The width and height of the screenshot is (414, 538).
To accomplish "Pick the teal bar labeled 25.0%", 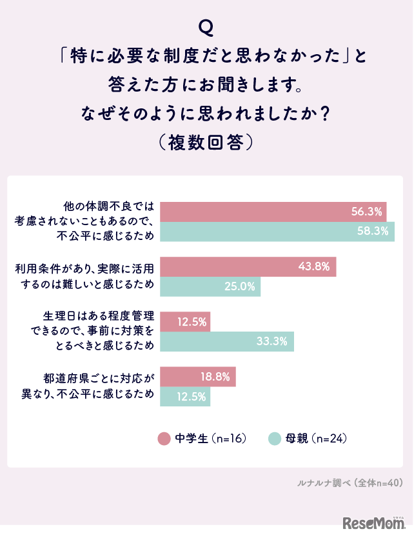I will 210,286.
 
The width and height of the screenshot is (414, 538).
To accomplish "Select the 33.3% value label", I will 271,341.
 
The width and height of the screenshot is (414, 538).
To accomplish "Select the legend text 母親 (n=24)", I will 317,439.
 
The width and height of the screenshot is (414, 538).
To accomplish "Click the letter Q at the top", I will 206,27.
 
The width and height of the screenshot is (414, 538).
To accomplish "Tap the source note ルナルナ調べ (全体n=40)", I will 350,482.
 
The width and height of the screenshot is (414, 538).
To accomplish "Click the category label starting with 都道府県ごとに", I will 99,386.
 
